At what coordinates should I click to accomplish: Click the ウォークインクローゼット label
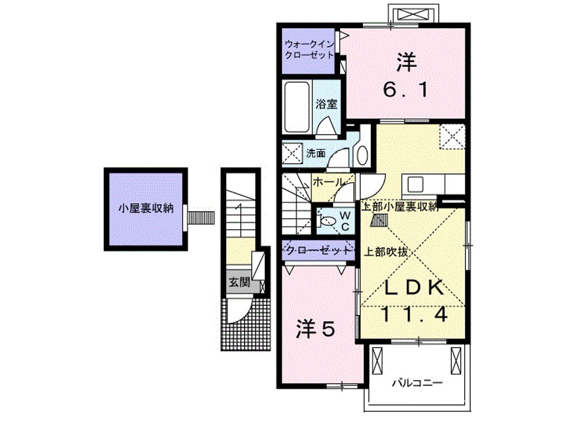pos(309,49)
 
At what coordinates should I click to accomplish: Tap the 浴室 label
pos(326,104)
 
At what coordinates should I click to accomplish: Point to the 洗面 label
pos(315,152)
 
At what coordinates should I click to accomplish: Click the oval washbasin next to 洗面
pos(362,155)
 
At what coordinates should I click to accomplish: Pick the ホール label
pos(327,182)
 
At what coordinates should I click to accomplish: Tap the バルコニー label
pos(417,383)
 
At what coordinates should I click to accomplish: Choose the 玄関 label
pos(239,282)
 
